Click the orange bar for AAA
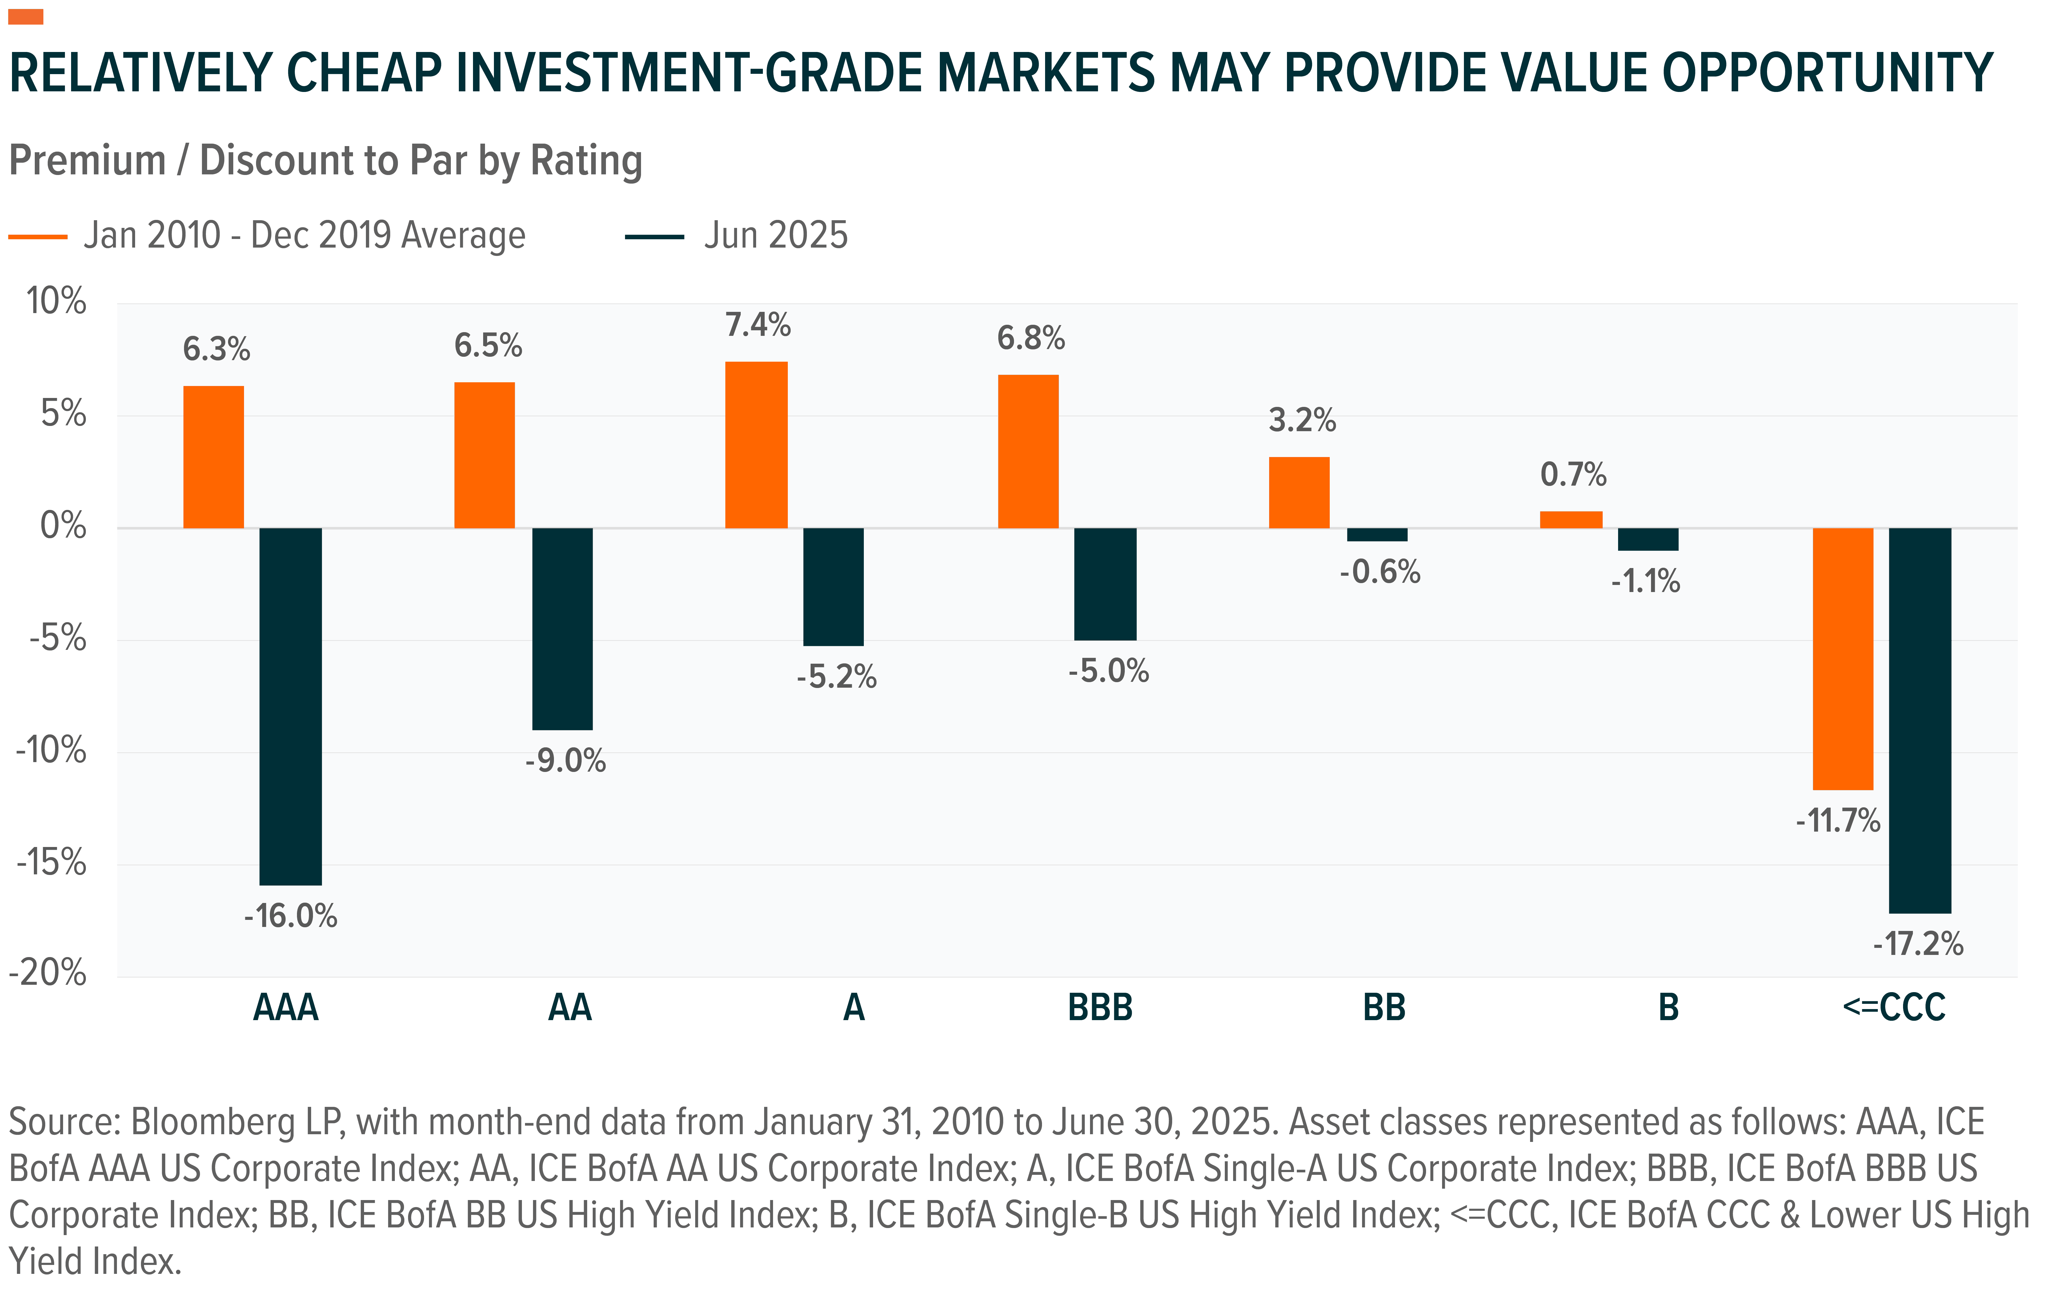pyautogui.click(x=213, y=457)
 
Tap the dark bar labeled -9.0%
pyautogui.click(x=563, y=629)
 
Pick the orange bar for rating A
pyautogui.click(x=756, y=445)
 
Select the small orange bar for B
pyautogui.click(x=1570, y=519)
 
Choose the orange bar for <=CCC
pyautogui.click(x=1842, y=658)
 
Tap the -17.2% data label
pyautogui.click(x=1917, y=944)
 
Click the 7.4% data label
pyautogui.click(x=758, y=325)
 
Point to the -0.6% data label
pyautogui.click(x=1380, y=571)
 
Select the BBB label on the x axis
pyautogui.click(x=1100, y=1008)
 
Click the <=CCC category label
pyautogui.click(x=1894, y=1008)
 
